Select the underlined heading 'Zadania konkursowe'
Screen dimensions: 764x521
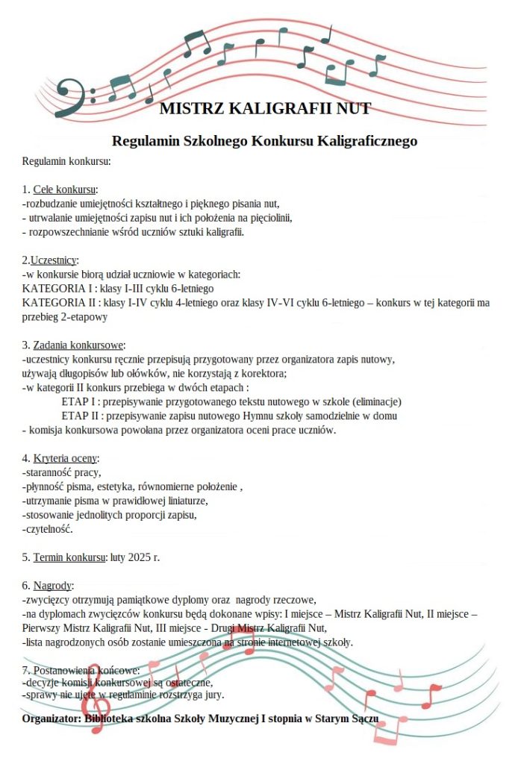78,345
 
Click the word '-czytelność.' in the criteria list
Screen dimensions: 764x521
49,529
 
